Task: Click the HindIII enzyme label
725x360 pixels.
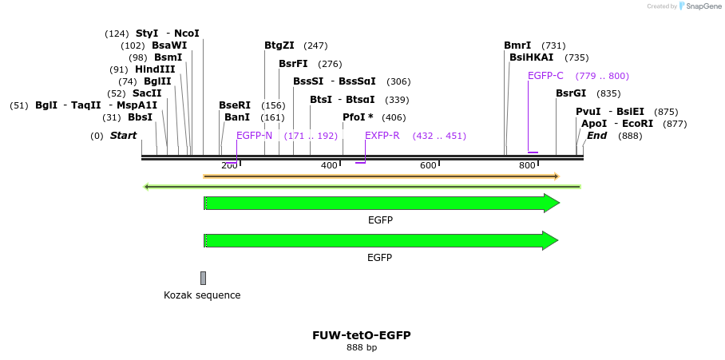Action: click(x=155, y=69)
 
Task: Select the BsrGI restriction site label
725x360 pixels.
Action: click(x=571, y=93)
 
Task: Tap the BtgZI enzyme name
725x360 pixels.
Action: click(x=279, y=45)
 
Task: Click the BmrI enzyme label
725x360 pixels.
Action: click(x=517, y=45)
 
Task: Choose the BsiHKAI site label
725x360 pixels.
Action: click(x=531, y=57)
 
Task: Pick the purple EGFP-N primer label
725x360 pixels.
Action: click(x=254, y=136)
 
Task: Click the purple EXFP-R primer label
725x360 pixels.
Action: click(x=382, y=136)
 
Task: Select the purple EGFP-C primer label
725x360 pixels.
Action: click(x=545, y=76)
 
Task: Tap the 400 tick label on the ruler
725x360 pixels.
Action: click(x=329, y=165)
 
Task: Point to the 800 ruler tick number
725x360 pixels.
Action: click(x=527, y=165)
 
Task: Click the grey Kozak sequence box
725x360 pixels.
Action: click(x=203, y=278)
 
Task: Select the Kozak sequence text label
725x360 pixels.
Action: click(x=202, y=295)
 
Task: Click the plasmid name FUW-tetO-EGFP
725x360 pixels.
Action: click(x=362, y=335)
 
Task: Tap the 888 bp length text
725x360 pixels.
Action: click(x=362, y=348)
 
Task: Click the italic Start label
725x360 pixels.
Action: click(x=123, y=136)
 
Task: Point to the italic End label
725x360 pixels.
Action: click(x=596, y=136)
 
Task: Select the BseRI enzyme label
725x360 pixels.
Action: click(x=235, y=105)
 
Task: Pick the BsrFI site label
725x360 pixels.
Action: click(x=293, y=64)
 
